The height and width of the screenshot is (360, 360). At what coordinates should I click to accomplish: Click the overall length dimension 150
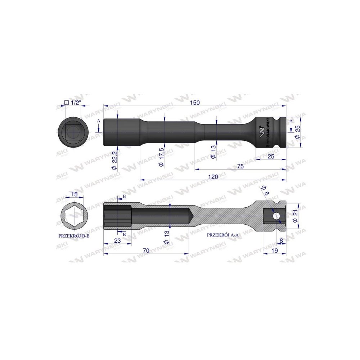[x=194, y=103]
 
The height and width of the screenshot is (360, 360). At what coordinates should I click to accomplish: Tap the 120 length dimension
[x=213, y=176]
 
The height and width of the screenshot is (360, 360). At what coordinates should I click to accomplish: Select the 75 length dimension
[x=241, y=166]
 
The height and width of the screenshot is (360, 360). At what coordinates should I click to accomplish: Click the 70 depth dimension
[x=146, y=250]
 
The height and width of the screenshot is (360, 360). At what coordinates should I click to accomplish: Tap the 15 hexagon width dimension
[x=74, y=194]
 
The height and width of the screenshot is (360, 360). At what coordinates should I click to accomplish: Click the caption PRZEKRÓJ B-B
[x=74, y=236]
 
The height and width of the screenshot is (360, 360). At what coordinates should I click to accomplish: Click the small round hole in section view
[x=276, y=216]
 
